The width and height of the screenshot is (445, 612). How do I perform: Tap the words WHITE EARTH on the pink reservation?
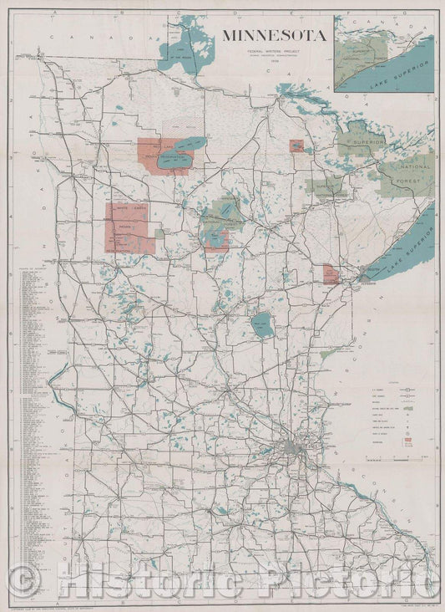[x=127, y=209]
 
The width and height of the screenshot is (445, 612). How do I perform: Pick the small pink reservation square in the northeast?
[x=296, y=145]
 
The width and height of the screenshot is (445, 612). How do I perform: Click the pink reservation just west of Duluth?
[x=331, y=274]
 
